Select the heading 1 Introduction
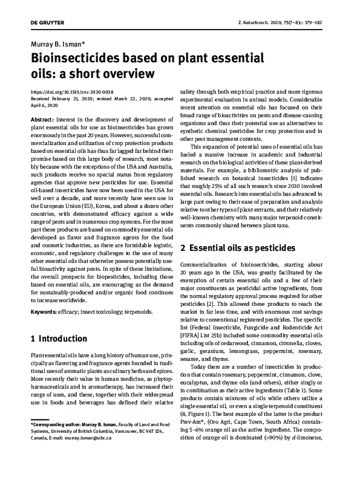point(59,339)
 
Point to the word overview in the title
point(123,74)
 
